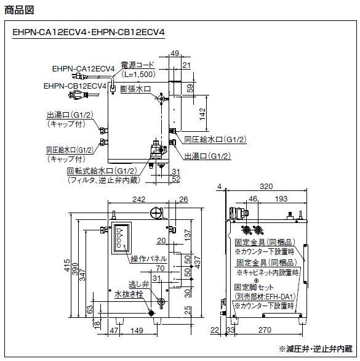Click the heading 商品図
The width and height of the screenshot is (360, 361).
click(x=19, y=10)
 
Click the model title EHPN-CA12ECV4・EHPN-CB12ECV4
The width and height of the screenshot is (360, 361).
click(x=89, y=32)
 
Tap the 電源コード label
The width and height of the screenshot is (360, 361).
click(x=137, y=65)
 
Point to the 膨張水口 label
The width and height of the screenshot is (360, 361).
click(x=135, y=89)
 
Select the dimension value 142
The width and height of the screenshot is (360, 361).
click(x=202, y=114)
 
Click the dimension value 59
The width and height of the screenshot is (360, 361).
click(x=190, y=89)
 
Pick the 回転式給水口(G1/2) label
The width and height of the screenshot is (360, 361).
click(x=102, y=171)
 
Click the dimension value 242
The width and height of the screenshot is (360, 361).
click(x=138, y=199)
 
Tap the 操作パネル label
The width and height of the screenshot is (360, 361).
click(x=148, y=259)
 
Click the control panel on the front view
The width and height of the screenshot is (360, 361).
click(x=121, y=238)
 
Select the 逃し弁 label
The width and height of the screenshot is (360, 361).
click(x=138, y=284)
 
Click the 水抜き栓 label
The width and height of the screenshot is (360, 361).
click(x=129, y=294)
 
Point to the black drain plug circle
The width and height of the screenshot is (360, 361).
click(x=151, y=313)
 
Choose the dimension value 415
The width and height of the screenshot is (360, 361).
click(x=66, y=266)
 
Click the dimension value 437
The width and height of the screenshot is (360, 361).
click(x=198, y=262)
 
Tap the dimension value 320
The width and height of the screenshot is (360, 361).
click(x=266, y=186)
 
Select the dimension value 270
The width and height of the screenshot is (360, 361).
click(x=265, y=330)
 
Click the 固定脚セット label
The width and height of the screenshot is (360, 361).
click(x=254, y=287)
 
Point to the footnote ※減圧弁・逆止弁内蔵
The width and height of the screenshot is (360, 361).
click(x=316, y=349)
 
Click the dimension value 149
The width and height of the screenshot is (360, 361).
click(x=137, y=330)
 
